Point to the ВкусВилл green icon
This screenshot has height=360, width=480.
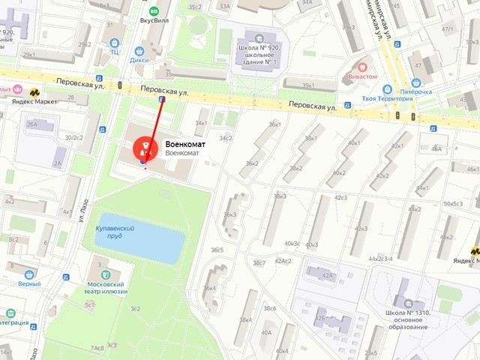(154, 12)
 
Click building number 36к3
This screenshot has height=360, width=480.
(229, 214)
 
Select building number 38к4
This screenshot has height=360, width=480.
(245, 320)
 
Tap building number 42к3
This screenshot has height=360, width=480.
(361, 229)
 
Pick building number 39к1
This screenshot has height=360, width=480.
(308, 85)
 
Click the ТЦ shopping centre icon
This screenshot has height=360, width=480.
(113, 52)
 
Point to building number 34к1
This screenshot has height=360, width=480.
(201, 123)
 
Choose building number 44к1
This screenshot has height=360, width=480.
(423, 188)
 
